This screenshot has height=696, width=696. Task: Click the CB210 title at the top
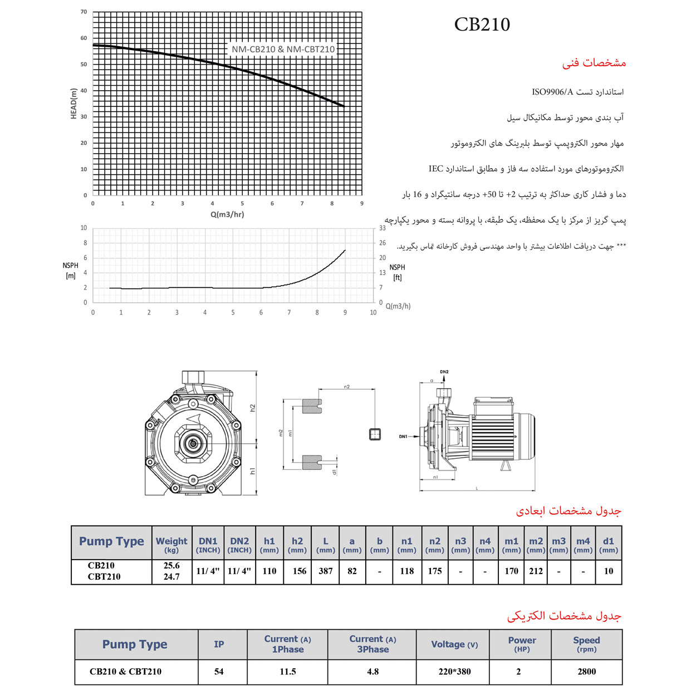pyautogui.click(x=482, y=24)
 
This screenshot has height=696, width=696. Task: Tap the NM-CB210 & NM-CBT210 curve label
pyautogui.click(x=283, y=49)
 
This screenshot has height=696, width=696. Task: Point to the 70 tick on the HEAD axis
pyautogui.click(x=84, y=12)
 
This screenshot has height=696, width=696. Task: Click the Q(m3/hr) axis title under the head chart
pyautogui.click(x=227, y=214)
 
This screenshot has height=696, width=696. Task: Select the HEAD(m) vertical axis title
pyautogui.click(x=74, y=104)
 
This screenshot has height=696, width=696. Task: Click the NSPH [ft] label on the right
pyautogui.click(x=397, y=272)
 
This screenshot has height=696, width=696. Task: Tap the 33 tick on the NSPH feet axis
pyautogui.click(x=383, y=228)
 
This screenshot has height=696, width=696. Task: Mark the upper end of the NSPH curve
pyautogui.click(x=345, y=251)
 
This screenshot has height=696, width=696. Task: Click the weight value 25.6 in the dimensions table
pyautogui.click(x=171, y=565)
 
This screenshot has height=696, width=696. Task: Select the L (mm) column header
pyautogui.click(x=326, y=544)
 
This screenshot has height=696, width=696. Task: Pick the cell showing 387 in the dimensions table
pyautogui.click(x=326, y=571)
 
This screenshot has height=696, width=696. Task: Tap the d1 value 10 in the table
pyautogui.click(x=609, y=571)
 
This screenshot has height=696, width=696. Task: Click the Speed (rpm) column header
pyautogui.click(x=586, y=644)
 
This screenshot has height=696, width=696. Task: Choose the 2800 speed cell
pyautogui.click(x=586, y=672)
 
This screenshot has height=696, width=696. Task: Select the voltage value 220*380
pyautogui.click(x=454, y=672)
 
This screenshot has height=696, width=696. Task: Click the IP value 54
pyautogui.click(x=219, y=672)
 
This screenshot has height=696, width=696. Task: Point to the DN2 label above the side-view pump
pyautogui.click(x=444, y=371)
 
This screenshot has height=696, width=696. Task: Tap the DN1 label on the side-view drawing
pyautogui.click(x=403, y=437)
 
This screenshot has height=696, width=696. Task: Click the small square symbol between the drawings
pyautogui.click(x=375, y=434)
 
